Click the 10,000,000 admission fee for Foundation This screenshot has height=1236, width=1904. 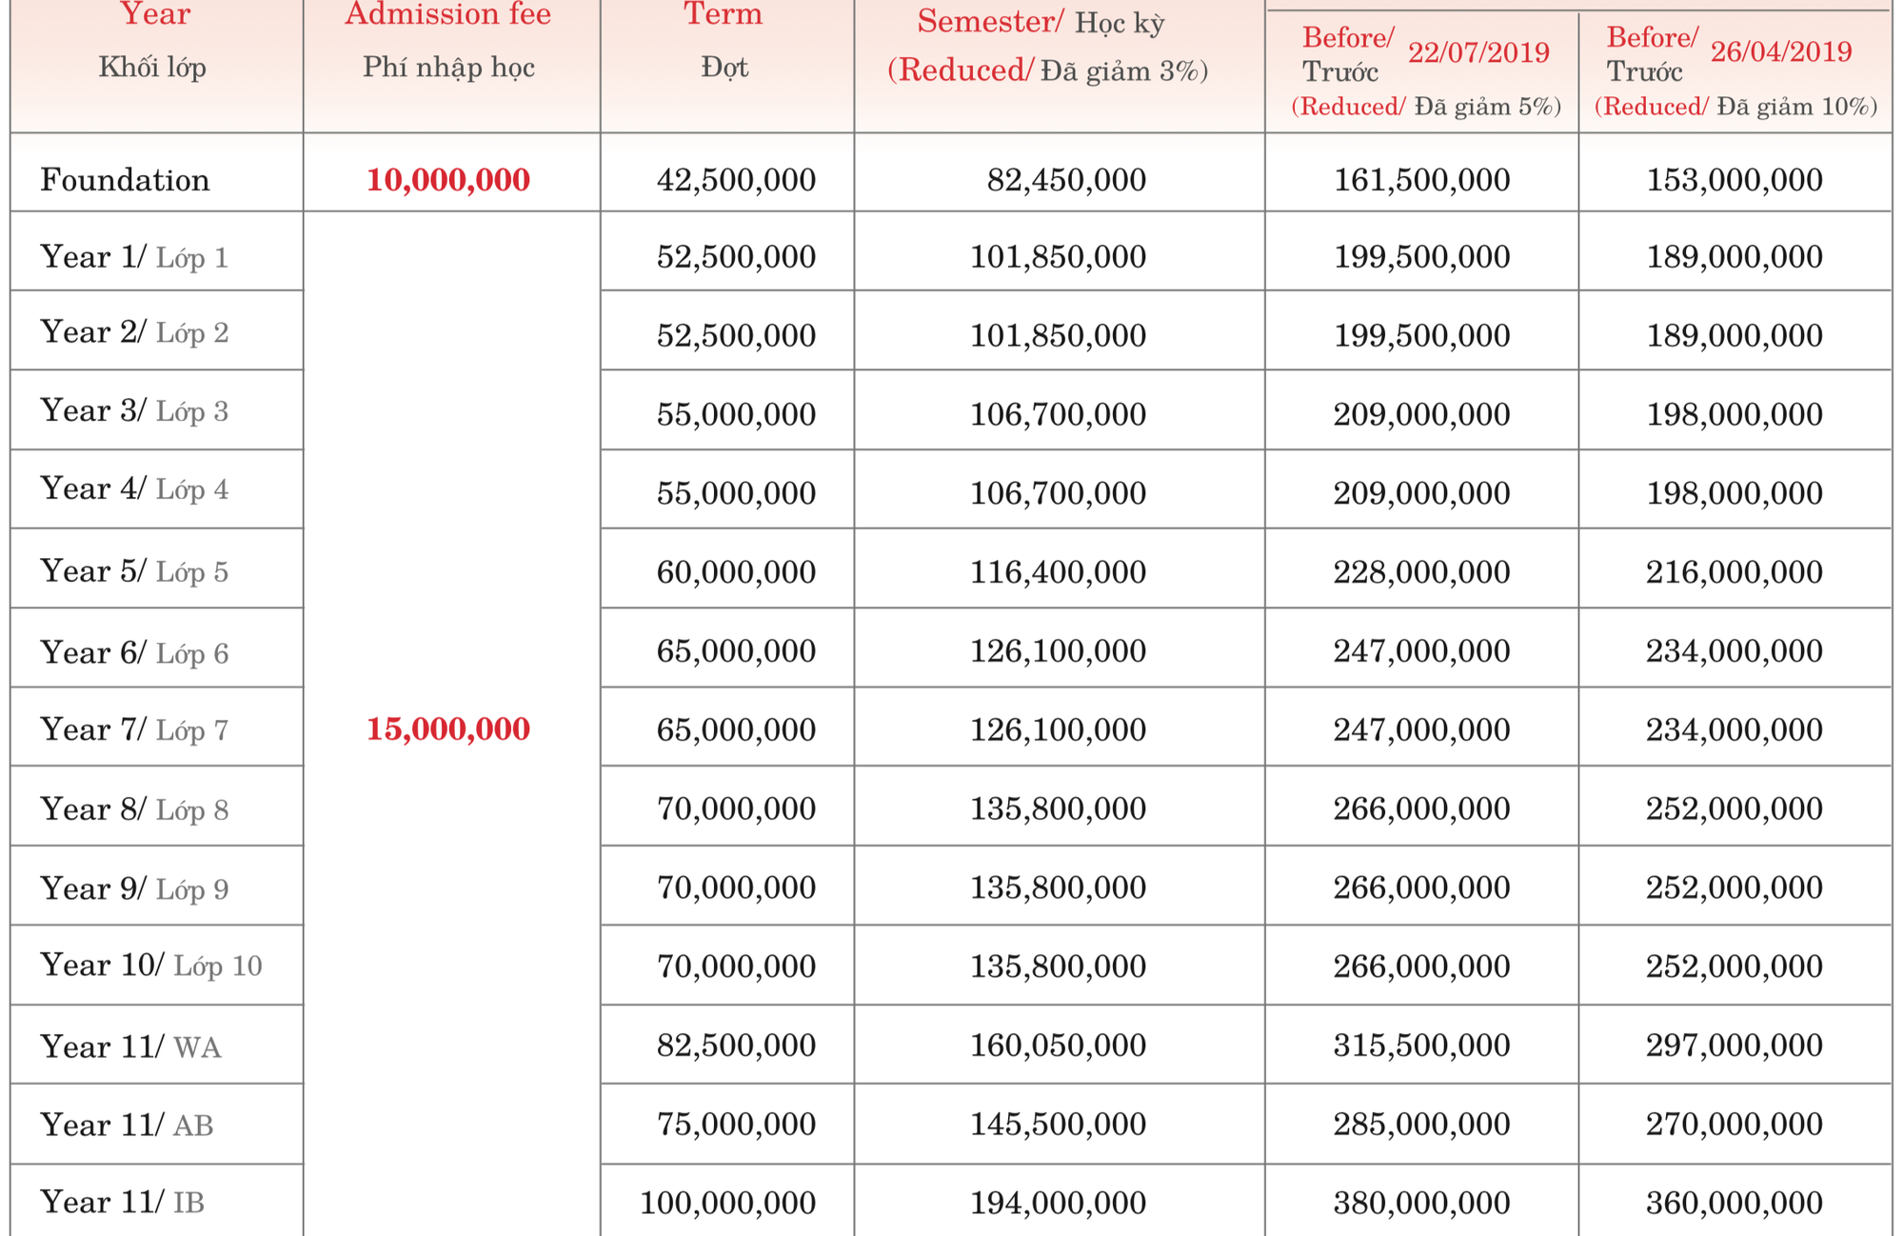click(447, 180)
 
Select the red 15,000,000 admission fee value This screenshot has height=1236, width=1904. click(447, 729)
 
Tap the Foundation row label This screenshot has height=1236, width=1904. click(125, 180)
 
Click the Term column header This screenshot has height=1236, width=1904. click(724, 15)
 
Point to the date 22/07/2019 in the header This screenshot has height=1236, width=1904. click(1478, 52)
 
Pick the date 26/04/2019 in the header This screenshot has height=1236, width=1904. click(1781, 51)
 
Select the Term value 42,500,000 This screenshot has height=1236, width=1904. click(736, 180)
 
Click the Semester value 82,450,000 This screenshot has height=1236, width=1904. click(1066, 180)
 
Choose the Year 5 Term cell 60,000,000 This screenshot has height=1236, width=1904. click(736, 571)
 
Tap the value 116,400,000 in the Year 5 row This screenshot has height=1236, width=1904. click(1058, 571)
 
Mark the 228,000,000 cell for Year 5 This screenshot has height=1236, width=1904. click(1421, 571)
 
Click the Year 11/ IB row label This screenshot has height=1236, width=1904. click(123, 1203)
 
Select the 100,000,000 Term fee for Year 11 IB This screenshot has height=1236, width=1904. click(727, 1203)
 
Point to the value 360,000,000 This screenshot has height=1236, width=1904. click(1735, 1203)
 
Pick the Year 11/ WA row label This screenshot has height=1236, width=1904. click(130, 1047)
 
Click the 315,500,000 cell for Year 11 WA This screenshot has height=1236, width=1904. click(1421, 1045)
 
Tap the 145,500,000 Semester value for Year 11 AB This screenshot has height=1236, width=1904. click(1058, 1124)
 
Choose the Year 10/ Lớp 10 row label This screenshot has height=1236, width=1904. click(150, 966)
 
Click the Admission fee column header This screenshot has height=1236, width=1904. click(447, 15)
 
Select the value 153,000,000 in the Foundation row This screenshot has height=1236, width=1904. click(1735, 180)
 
